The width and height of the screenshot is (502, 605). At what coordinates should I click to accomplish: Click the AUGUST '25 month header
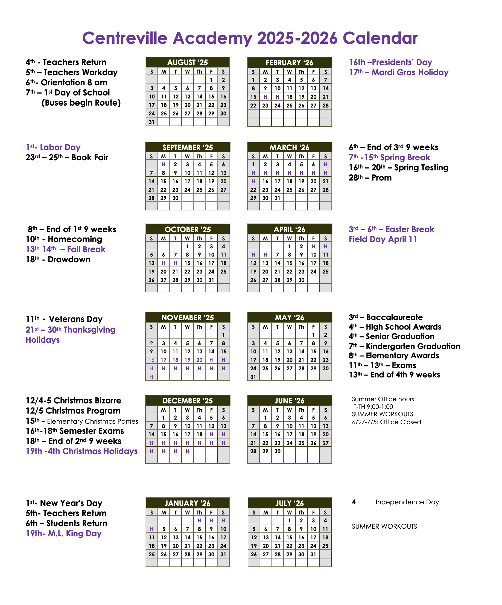[x=188, y=62]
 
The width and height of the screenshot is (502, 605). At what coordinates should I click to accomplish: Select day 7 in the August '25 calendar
[x=199, y=88]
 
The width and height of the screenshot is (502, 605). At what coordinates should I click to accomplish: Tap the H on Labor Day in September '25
[x=163, y=164]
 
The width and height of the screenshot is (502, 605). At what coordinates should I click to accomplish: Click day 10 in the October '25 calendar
[x=211, y=255]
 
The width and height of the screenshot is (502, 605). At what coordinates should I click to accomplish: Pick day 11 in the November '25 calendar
[x=175, y=351]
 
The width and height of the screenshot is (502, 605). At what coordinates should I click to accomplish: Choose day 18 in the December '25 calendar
[x=199, y=434]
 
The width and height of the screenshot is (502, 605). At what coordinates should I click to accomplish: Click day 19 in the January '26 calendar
[x=164, y=546]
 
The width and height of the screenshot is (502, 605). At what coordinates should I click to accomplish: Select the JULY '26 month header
[x=290, y=503]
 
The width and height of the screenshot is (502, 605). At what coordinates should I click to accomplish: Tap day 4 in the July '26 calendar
[x=325, y=520]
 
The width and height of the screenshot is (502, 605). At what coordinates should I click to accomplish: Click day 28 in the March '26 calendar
[x=325, y=190]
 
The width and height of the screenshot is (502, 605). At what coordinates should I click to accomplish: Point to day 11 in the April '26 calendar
[x=325, y=255]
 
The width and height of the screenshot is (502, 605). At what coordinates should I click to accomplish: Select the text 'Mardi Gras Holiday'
[x=410, y=72]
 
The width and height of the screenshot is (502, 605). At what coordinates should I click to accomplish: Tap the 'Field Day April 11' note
[x=383, y=239]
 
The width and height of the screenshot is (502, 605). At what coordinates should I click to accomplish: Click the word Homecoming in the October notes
[x=75, y=239]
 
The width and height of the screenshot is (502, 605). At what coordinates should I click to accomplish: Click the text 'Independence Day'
[x=407, y=502]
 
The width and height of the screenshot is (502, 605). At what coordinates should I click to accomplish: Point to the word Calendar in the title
[x=380, y=38]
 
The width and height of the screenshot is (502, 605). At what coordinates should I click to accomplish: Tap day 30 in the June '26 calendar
[x=277, y=452]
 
